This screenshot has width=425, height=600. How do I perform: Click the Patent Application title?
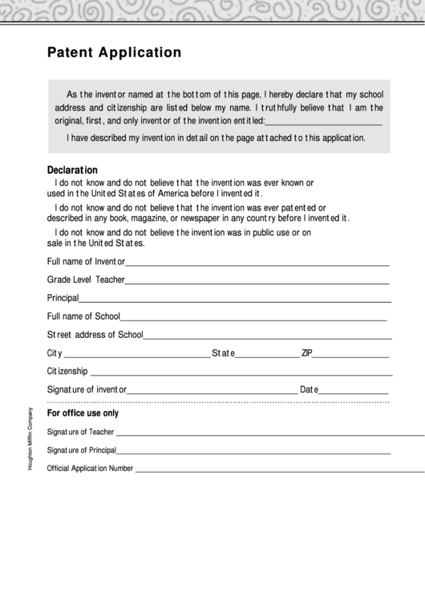click(114, 54)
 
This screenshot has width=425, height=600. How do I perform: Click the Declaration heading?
click(72, 170)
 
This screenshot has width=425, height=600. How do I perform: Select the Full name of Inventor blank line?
click(257, 264)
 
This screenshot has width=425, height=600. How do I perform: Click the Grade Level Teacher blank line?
click(257, 282)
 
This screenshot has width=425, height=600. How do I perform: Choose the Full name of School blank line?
click(253, 319)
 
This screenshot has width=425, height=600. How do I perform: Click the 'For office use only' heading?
click(83, 413)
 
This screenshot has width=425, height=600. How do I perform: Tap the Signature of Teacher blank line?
click(269, 433)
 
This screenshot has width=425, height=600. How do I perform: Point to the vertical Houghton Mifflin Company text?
click(30, 439)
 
